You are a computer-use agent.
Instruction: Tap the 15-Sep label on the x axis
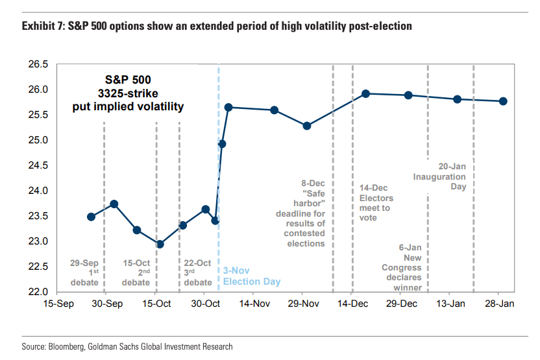pyautogui.click(x=57, y=304)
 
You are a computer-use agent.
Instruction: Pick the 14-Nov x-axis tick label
pyautogui.click(x=253, y=304)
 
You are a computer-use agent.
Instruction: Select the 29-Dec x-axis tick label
pyautogui.click(x=401, y=304)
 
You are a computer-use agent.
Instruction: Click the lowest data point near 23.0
pyautogui.click(x=160, y=245)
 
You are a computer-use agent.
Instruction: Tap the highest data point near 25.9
pyautogui.click(x=366, y=94)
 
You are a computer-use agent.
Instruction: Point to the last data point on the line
pyautogui.click(x=503, y=101)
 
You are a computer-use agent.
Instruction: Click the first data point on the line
pyautogui.click(x=92, y=217)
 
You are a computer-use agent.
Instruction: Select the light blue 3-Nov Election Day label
pyautogui.click(x=245, y=276)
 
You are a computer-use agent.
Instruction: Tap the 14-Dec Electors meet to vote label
pyautogui.click(x=376, y=203)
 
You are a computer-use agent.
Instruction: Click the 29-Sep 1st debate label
pyautogui.click(x=84, y=272)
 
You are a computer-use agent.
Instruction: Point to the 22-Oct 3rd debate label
pyautogui.click(x=197, y=272)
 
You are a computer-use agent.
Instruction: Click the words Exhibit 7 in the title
pyautogui.click(x=42, y=27)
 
